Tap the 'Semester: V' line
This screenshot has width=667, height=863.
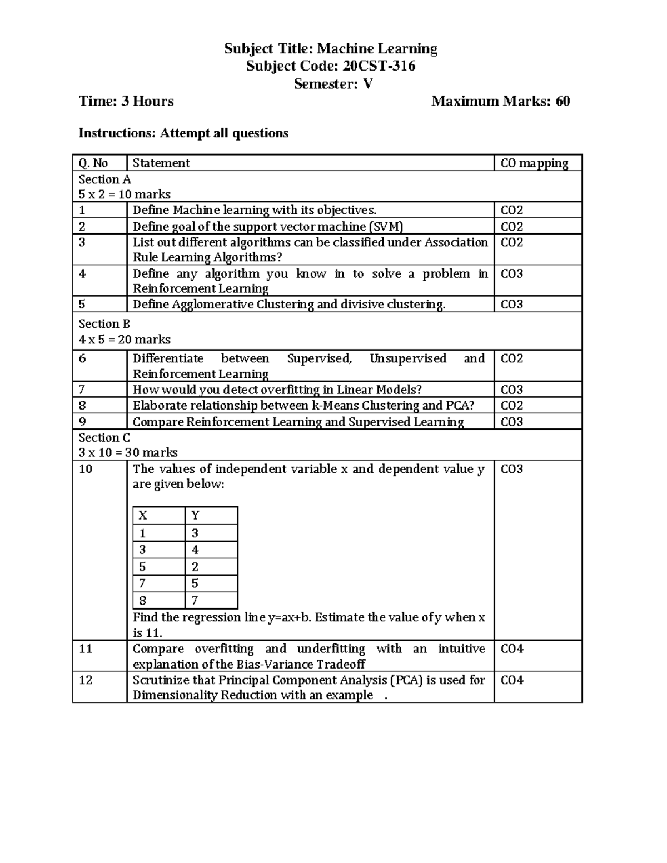pyautogui.click(x=333, y=84)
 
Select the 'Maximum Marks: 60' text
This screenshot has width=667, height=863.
pyautogui.click(x=500, y=101)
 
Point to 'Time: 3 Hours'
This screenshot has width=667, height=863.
pyautogui.click(x=126, y=101)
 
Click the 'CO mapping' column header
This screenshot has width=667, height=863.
pyautogui.click(x=534, y=163)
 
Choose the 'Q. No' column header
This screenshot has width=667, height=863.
pyautogui.click(x=93, y=163)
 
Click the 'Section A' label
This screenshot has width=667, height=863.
pyautogui.click(x=104, y=179)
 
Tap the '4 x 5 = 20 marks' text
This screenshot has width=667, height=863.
pyautogui.click(x=125, y=339)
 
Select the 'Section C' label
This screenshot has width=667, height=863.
pyautogui.click(x=104, y=437)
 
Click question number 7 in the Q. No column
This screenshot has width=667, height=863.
pyautogui.click(x=82, y=390)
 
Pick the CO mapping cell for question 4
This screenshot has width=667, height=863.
pyautogui.click(x=512, y=273)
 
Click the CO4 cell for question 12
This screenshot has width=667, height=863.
pyautogui.click(x=512, y=680)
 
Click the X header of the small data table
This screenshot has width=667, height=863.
pyautogui.click(x=143, y=515)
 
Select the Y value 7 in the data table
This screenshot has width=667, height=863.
pyautogui.click(x=195, y=600)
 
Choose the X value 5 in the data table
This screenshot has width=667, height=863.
pyautogui.click(x=143, y=567)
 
